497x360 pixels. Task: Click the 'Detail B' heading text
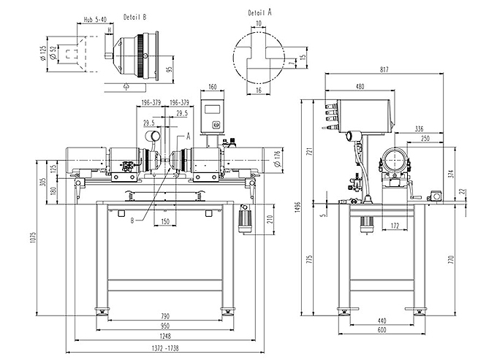(x=135, y=17)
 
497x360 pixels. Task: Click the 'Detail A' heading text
(x=259, y=12)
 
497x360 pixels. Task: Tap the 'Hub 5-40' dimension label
(x=95, y=20)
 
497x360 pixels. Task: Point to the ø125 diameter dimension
(x=43, y=54)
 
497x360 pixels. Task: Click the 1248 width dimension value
(x=165, y=336)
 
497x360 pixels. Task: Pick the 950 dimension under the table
(x=165, y=326)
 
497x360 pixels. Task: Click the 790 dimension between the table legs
(x=165, y=316)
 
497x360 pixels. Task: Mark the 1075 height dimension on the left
(x=34, y=238)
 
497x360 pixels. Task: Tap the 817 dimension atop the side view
(x=384, y=69)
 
